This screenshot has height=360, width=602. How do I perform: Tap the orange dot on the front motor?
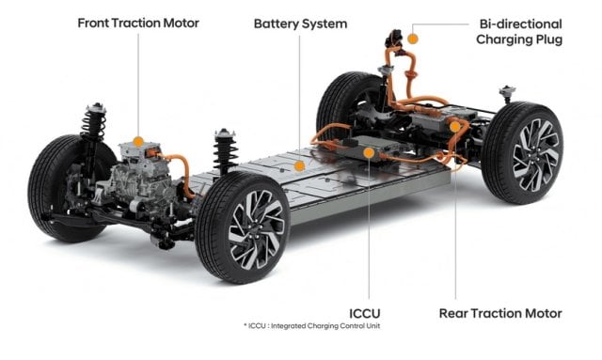point(138,141)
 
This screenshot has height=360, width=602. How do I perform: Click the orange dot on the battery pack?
point(299,165)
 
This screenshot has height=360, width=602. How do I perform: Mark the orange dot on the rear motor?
point(454,125)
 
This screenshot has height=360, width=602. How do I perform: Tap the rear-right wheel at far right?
point(524,154)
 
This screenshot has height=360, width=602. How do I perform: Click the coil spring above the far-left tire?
point(93,121)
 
